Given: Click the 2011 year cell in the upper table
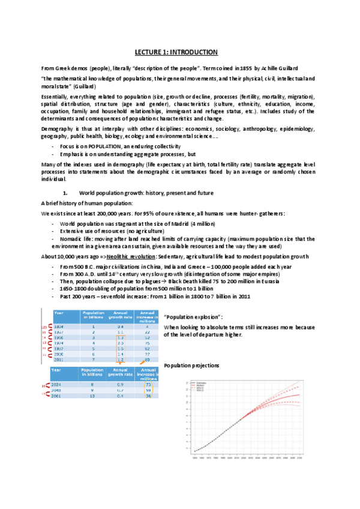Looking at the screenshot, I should point(59,359).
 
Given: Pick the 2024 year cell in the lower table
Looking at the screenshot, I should point(59,384).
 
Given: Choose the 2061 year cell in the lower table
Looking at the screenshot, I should point(59,397).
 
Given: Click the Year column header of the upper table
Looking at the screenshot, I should point(59,313).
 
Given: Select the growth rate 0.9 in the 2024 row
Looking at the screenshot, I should point(120,384).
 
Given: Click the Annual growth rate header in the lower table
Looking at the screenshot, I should point(120,372).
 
